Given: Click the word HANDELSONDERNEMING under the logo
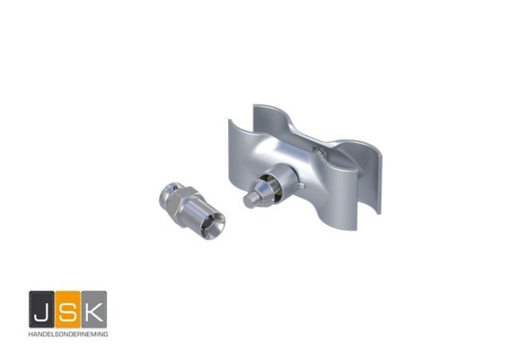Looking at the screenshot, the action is point(68,334).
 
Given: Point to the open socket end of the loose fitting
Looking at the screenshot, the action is point(211,224).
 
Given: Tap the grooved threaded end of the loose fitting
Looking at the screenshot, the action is point(169,194).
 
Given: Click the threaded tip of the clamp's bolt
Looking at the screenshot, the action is point(252,200).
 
